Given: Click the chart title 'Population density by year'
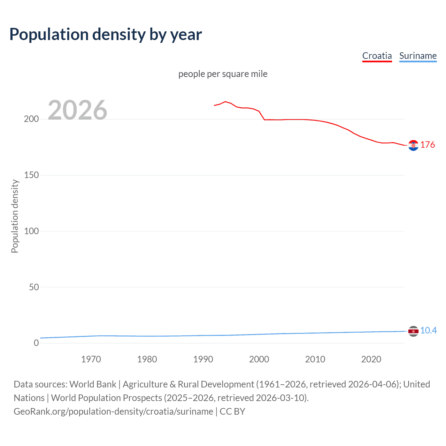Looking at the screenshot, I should pyautogui.click(x=106, y=34).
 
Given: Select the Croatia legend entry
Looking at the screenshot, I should pyautogui.click(x=377, y=56).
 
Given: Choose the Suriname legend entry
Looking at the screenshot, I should pyautogui.click(x=418, y=56).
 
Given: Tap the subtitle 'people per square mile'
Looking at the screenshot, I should pyautogui.click(x=223, y=74).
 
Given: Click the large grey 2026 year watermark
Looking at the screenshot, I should pyautogui.click(x=77, y=110).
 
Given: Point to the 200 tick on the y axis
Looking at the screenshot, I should pyautogui.click(x=31, y=119).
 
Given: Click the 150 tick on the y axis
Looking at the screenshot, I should pyautogui.click(x=31, y=175).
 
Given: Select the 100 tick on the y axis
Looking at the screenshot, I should pyautogui.click(x=31, y=231).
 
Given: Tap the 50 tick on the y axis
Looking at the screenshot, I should pyautogui.click(x=34, y=287).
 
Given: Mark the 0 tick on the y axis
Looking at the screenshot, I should pyautogui.click(x=36, y=343).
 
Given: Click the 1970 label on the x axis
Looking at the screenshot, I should pyautogui.click(x=91, y=359).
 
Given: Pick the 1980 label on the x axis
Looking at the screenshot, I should pyautogui.click(x=147, y=359).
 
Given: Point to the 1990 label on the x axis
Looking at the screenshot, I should pyautogui.click(x=203, y=359).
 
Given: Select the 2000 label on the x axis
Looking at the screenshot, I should pyautogui.click(x=259, y=359).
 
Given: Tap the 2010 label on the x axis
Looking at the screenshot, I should pyautogui.click(x=315, y=359).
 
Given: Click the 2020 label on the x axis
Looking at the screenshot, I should pyautogui.click(x=371, y=359).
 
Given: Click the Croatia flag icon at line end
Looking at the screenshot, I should pyautogui.click(x=413, y=145).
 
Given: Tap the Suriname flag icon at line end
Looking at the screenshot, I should pyautogui.click(x=413, y=331).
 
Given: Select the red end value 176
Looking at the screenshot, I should pyautogui.click(x=428, y=145).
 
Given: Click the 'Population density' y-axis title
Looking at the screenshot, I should pyautogui.click(x=15, y=216).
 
